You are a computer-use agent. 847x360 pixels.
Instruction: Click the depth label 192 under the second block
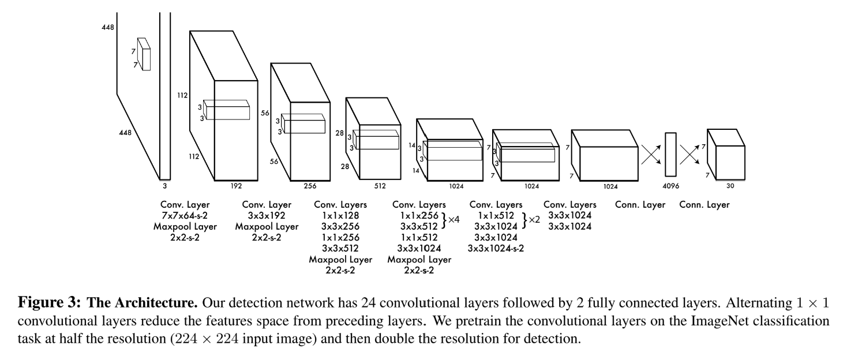[236, 186]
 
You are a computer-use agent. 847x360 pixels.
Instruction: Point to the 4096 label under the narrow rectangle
[670, 186]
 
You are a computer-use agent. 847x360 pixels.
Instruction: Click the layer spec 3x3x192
[267, 215]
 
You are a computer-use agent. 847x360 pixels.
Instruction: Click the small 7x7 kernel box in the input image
[144, 54]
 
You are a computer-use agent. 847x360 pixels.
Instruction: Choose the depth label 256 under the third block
[310, 186]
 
